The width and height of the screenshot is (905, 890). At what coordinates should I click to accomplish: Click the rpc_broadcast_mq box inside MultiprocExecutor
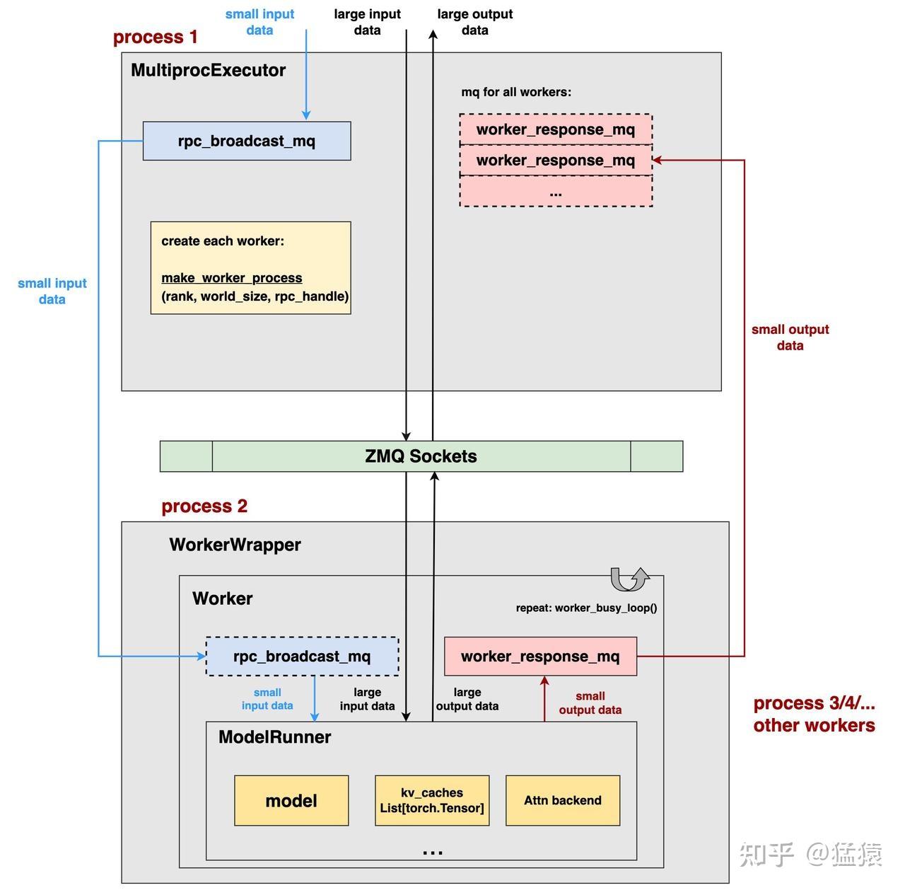tap(246, 141)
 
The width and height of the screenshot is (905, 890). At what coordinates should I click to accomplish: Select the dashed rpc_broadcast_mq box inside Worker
tap(302, 657)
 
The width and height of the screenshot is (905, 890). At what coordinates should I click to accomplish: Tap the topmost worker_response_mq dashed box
tap(556, 129)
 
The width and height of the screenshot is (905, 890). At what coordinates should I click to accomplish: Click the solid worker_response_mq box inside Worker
tap(540, 657)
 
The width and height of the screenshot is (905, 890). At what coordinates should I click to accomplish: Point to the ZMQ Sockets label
tap(421, 456)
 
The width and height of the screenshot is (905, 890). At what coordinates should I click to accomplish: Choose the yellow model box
tap(291, 801)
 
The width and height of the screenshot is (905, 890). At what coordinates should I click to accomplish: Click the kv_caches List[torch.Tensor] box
tap(432, 801)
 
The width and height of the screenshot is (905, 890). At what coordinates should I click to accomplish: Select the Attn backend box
tap(563, 801)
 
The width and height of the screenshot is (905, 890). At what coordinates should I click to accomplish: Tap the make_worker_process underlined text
tap(232, 278)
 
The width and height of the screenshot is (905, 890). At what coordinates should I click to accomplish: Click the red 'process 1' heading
tap(156, 37)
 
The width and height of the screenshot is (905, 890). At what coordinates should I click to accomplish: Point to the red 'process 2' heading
tap(204, 507)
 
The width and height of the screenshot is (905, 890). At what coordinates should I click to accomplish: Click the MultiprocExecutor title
tap(208, 70)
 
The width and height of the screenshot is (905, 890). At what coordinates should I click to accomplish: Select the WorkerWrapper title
tap(235, 545)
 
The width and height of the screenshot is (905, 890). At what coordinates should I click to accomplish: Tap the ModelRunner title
tap(274, 737)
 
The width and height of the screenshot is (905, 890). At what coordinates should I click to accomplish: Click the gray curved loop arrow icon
tap(629, 579)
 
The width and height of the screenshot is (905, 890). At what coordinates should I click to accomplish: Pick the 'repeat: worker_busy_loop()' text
tap(586, 608)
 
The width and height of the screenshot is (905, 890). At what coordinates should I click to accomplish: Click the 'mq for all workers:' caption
tap(516, 92)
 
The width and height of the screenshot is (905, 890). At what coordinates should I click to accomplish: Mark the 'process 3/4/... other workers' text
tap(814, 714)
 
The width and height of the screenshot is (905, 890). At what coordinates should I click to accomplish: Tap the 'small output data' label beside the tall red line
tap(790, 337)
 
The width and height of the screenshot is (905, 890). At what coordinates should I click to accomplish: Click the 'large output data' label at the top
tap(474, 22)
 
